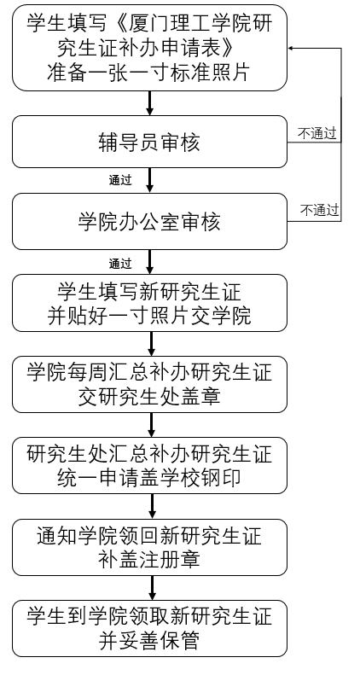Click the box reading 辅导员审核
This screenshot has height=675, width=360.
click(149, 142)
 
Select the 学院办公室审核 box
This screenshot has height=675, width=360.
click(149, 221)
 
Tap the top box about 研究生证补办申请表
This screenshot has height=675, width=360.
click(149, 48)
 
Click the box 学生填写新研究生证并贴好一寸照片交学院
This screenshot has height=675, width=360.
click(149, 303)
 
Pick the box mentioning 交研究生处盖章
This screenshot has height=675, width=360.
click(149, 384)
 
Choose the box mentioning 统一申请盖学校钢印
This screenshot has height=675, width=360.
click(149, 465)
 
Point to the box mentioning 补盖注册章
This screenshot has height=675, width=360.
click(149, 547)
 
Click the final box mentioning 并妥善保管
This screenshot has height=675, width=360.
click(149, 629)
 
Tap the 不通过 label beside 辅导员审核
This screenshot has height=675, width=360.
click(317, 134)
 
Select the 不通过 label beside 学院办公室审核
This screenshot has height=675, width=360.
click(320, 211)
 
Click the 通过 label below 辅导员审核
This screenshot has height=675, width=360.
click(120, 180)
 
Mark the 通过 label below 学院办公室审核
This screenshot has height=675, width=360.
click(120, 263)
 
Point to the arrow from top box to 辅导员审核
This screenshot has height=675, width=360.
click(149, 103)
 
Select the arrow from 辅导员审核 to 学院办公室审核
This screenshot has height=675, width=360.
click(149, 180)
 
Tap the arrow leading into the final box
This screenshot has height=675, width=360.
click(152, 588)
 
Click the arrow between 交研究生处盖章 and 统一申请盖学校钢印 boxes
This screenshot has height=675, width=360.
click(151, 425)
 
